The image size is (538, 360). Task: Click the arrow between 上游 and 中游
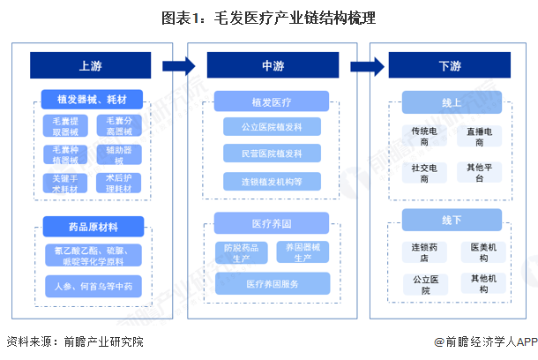(x=179, y=66)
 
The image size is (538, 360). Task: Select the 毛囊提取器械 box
(x=64, y=125)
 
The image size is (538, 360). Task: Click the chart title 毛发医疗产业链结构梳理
(x=269, y=18)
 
